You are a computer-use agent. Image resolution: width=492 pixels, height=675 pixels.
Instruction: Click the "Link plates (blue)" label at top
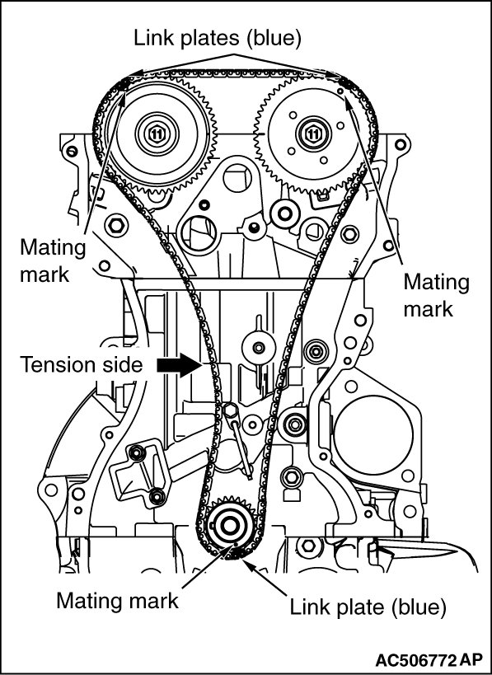(x=218, y=38)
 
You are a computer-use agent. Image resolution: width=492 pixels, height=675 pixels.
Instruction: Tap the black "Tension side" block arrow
(x=180, y=365)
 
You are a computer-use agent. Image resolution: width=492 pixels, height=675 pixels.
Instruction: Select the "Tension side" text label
(x=82, y=364)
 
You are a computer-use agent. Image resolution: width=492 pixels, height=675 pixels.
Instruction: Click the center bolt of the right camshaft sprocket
(x=313, y=134)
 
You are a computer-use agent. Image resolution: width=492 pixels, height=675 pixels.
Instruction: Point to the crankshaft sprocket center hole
(x=228, y=526)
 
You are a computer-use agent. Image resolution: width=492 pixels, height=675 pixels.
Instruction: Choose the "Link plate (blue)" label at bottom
(x=368, y=607)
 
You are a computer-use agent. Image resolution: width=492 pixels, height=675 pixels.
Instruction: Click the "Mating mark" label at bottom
(x=117, y=600)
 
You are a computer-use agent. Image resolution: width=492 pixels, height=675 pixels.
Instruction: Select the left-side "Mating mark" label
(x=53, y=261)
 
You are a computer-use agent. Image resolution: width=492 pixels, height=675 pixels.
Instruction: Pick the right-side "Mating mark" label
(x=437, y=296)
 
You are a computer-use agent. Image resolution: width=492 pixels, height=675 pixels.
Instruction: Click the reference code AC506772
(x=416, y=660)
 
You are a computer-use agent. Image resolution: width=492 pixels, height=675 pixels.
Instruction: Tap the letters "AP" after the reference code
(x=471, y=660)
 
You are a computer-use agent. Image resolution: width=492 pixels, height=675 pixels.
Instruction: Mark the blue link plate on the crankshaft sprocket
(x=232, y=555)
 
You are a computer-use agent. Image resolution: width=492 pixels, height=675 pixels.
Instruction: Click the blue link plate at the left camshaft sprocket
(x=122, y=83)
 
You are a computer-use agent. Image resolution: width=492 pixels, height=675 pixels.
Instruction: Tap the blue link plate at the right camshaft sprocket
(x=345, y=82)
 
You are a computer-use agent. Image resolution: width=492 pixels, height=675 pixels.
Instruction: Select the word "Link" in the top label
(x=150, y=38)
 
